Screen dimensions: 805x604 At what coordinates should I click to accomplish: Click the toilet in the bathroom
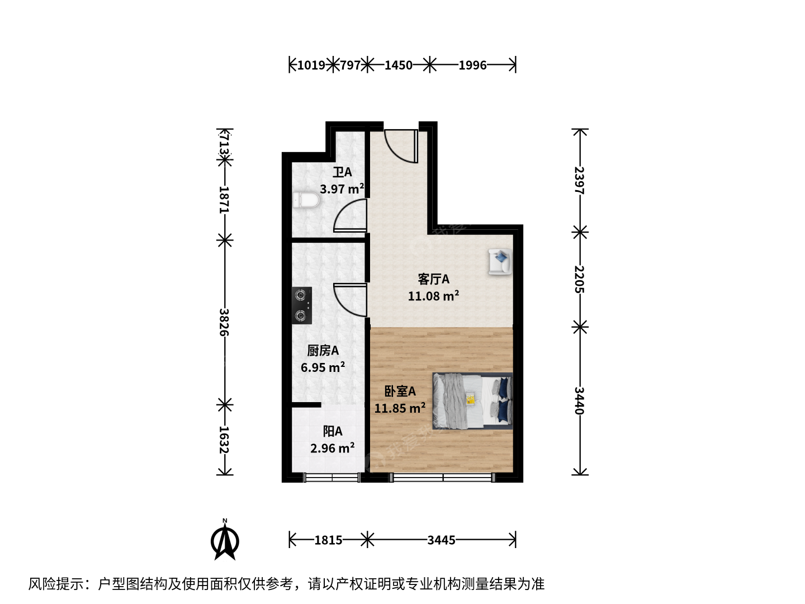(x=306, y=200)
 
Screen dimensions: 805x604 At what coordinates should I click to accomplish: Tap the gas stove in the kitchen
(x=302, y=305)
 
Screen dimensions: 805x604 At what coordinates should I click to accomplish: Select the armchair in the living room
(x=500, y=261)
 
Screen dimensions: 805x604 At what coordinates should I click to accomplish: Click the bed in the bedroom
(x=472, y=401)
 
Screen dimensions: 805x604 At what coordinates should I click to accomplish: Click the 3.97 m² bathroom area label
(x=342, y=189)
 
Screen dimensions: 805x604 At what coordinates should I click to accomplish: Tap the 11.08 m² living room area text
(x=433, y=296)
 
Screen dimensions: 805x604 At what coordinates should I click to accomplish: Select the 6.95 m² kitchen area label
(x=323, y=367)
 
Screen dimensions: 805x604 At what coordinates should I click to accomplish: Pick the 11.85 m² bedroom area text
(x=400, y=408)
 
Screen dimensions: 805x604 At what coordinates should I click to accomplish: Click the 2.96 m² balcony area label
(x=332, y=448)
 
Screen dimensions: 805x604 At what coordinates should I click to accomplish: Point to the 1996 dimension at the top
(x=472, y=65)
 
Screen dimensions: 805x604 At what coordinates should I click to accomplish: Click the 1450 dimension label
(x=398, y=65)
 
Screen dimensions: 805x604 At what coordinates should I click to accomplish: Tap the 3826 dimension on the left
(x=224, y=322)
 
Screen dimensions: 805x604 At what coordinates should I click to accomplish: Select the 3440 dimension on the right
(x=579, y=400)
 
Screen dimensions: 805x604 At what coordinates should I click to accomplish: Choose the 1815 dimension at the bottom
(x=328, y=540)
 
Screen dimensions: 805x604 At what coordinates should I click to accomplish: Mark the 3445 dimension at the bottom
(x=441, y=540)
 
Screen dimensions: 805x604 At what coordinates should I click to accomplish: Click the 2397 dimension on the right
(x=579, y=181)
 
